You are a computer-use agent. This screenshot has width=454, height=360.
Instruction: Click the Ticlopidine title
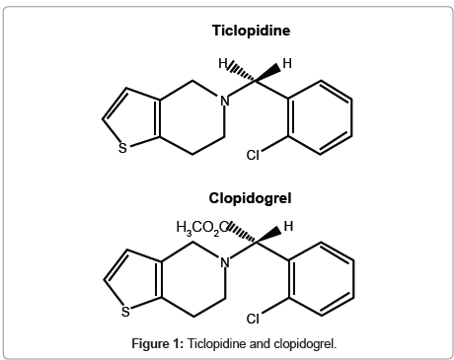(252, 30)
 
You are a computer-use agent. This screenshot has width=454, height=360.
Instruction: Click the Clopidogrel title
(252, 197)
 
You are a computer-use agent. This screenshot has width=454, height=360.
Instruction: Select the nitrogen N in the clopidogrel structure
(225, 262)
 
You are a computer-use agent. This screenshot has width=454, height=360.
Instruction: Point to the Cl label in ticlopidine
(253, 156)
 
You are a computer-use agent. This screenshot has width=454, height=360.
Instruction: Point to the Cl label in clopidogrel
(253, 319)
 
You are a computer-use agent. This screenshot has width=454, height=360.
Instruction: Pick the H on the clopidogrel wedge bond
(288, 227)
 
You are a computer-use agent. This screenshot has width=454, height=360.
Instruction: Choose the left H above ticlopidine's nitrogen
(224, 63)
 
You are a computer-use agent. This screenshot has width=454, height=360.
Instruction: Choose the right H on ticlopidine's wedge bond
(287, 63)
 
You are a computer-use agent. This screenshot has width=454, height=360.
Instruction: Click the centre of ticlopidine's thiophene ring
(135, 120)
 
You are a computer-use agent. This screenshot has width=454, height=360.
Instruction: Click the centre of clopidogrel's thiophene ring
(135, 284)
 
